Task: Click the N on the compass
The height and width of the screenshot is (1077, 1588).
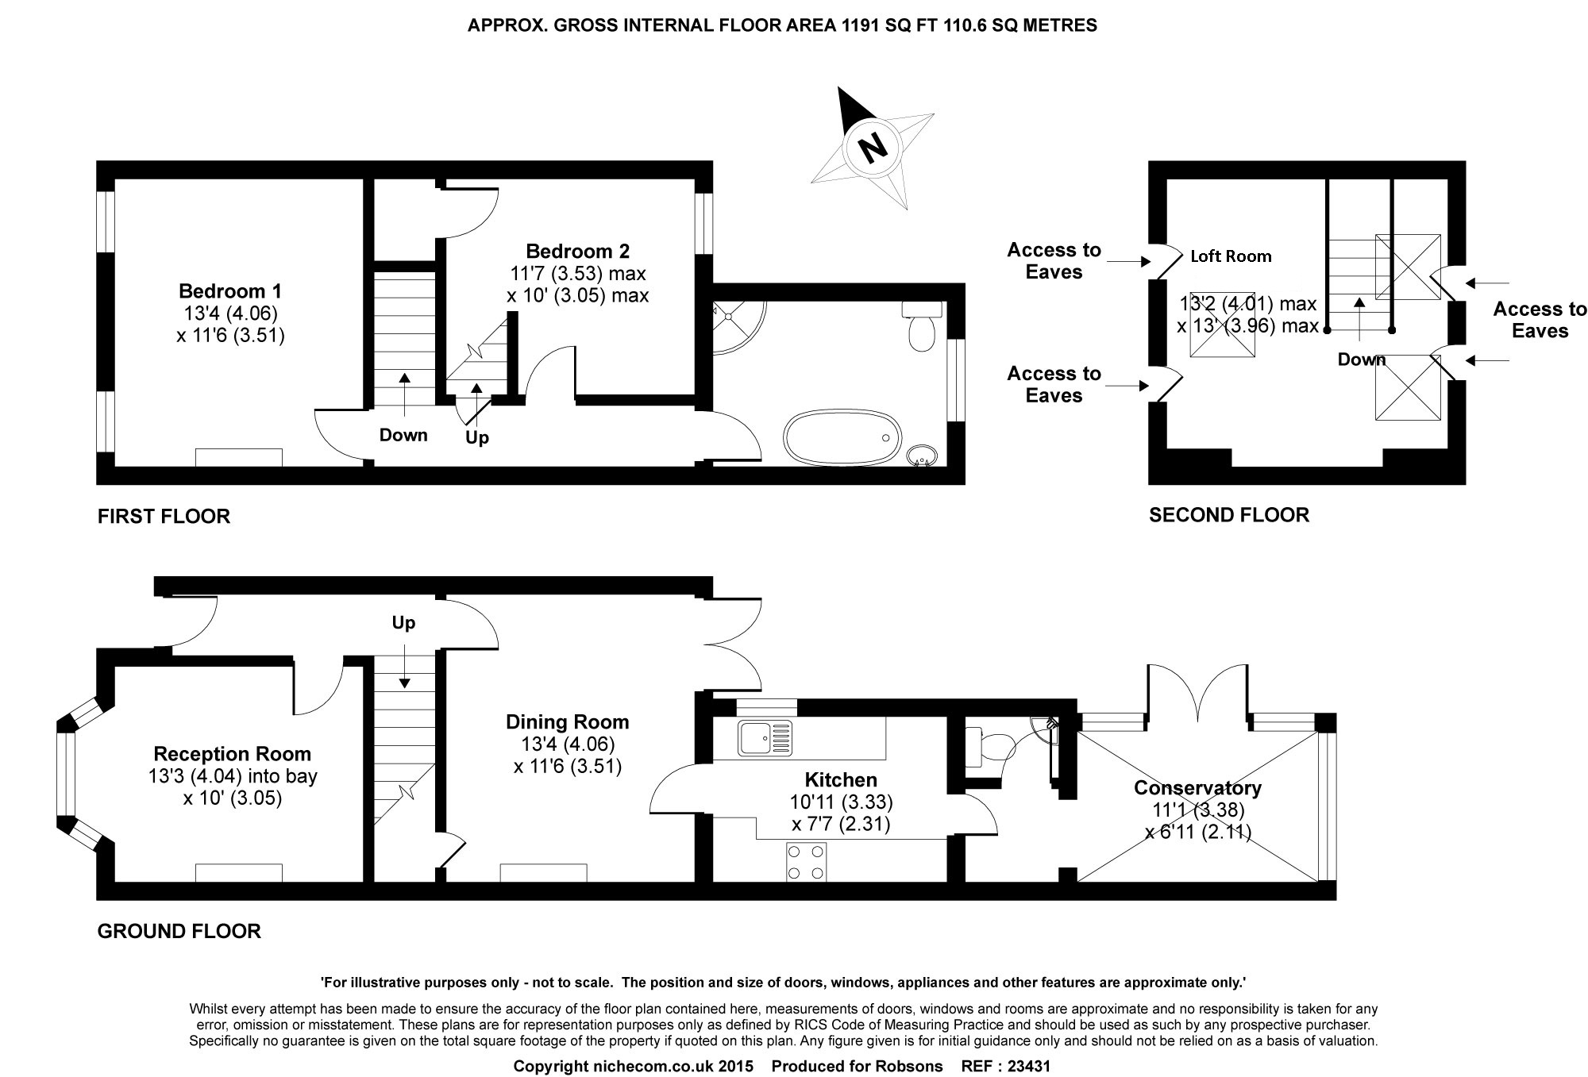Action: click(873, 146)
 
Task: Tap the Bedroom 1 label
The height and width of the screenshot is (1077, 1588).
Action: click(230, 290)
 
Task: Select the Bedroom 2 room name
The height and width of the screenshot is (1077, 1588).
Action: click(577, 251)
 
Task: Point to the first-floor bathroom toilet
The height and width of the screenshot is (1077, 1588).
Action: click(922, 325)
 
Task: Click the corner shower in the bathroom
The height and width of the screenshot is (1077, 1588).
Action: click(739, 328)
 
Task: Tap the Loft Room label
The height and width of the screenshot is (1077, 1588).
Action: click(1231, 256)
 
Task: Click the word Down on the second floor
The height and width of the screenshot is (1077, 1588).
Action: click(1362, 360)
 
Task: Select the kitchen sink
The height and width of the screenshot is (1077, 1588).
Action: click(765, 737)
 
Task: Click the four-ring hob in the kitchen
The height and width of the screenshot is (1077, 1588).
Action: click(806, 862)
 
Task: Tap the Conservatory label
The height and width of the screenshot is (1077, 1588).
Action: click(1197, 788)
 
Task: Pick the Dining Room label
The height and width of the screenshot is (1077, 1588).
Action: click(568, 722)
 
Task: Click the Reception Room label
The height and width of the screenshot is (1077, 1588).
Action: click(233, 754)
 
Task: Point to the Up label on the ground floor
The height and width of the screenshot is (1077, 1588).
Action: click(403, 623)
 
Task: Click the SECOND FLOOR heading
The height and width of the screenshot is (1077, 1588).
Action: click(1229, 515)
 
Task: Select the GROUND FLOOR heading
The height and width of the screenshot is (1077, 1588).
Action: click(179, 931)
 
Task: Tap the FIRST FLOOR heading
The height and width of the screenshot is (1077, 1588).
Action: click(164, 517)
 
